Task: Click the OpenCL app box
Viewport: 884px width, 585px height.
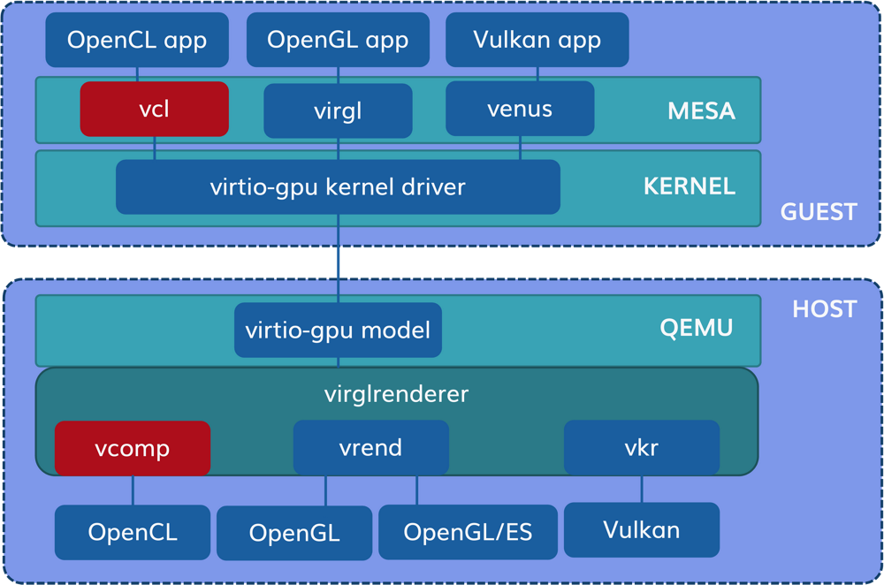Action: tap(137, 40)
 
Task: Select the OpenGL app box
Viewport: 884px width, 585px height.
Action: tap(338, 40)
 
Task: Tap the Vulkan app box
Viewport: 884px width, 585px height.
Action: tap(537, 40)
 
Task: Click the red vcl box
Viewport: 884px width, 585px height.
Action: tap(154, 110)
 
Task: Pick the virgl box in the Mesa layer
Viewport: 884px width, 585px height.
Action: tap(338, 112)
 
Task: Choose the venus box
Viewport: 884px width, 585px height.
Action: tap(520, 109)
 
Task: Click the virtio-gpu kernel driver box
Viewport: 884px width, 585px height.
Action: tap(338, 186)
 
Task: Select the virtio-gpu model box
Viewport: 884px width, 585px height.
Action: tap(338, 330)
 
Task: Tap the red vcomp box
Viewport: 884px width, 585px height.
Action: tap(133, 448)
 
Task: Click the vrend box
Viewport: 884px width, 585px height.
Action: tap(370, 447)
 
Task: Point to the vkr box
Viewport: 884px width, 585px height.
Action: tap(641, 447)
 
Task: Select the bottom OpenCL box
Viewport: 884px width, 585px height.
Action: tap(133, 532)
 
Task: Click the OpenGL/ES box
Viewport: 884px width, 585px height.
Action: tap(468, 532)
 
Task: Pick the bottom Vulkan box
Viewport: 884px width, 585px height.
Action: tap(641, 529)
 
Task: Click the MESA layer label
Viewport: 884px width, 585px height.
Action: tap(702, 111)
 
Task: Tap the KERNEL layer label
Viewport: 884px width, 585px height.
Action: tap(690, 186)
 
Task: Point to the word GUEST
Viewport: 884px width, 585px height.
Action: tap(819, 212)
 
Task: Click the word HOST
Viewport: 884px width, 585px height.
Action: tap(824, 308)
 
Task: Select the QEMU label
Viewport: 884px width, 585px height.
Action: tap(697, 328)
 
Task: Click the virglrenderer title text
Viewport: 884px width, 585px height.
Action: tap(396, 393)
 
